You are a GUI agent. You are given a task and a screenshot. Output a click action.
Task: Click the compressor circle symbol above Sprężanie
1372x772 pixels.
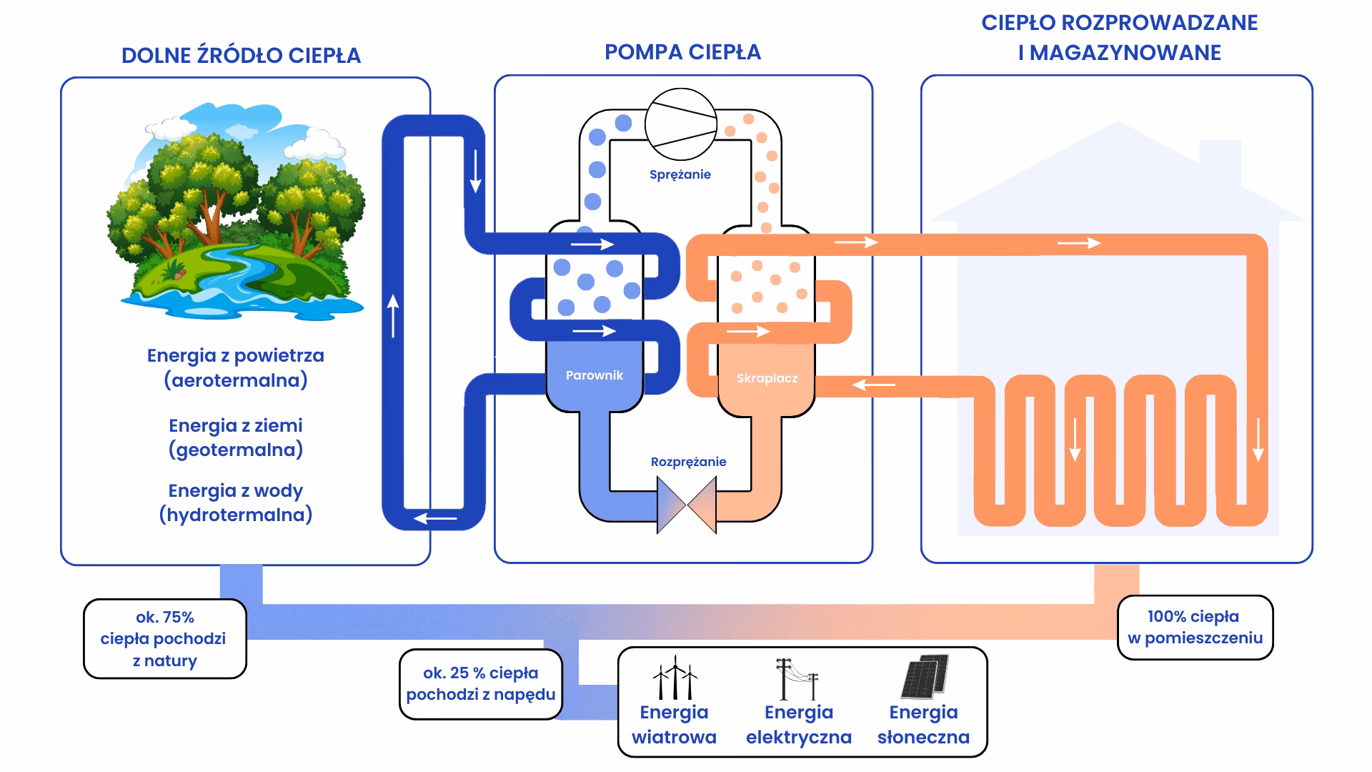[680, 124]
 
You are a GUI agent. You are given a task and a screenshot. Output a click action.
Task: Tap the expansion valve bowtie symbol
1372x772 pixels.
[686, 505]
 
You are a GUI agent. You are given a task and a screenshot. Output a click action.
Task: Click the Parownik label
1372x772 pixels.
[594, 375]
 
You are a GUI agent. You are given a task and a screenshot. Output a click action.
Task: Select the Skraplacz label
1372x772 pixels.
[767, 378]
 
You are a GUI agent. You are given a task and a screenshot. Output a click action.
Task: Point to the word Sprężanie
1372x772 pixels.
[680, 174]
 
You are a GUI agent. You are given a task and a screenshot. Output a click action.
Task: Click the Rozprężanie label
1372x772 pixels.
[688, 462]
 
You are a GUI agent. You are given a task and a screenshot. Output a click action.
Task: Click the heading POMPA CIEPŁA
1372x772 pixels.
[682, 52]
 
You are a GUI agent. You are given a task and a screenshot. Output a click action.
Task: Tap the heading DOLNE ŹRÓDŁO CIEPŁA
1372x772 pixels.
[241, 56]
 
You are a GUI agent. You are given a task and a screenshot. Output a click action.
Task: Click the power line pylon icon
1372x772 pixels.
[797, 679]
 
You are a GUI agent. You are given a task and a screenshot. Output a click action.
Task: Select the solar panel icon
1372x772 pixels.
[925, 676]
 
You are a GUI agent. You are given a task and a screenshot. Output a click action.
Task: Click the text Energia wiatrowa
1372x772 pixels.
[674, 725]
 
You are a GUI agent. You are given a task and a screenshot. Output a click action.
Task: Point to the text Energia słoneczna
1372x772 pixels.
[923, 725]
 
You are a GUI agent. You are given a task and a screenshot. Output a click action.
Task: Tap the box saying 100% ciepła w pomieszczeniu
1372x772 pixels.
[1195, 628]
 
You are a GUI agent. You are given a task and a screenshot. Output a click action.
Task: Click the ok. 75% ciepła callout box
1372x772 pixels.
[164, 639]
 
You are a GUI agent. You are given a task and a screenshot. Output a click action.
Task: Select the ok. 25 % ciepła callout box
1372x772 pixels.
[480, 684]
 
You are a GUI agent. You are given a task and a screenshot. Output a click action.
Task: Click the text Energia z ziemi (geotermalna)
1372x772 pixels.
[236, 437]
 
